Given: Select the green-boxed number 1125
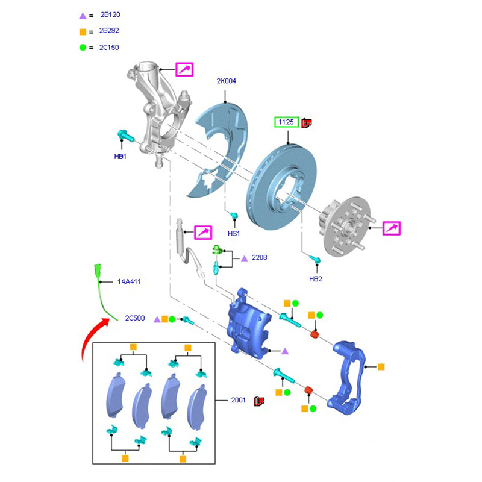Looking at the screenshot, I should tap(286, 122).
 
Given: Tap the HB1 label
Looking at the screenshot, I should tap(120, 157).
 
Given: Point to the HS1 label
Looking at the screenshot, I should tap(234, 233).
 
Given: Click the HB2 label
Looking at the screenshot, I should tap(316, 279).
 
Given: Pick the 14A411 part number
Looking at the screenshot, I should tap(130, 281).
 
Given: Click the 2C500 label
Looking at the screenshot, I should tap(135, 318).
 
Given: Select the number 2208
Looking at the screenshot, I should tap(260, 258).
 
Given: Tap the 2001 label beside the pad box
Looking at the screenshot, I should tap(239, 399).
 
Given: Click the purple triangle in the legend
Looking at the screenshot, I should tap(83, 15).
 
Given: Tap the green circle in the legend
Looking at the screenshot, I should tap(83, 47).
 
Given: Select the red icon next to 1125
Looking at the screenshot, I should tap(306, 122).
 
